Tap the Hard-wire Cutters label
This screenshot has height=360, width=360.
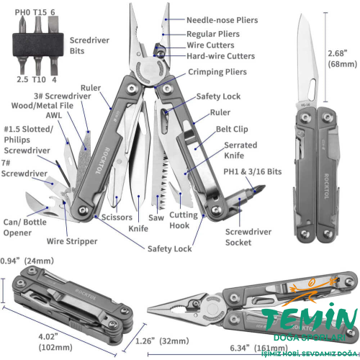point(220,56)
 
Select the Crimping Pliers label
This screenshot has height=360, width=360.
point(217,72)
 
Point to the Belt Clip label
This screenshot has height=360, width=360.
point(233,130)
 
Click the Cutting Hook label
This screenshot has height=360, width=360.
point(184,220)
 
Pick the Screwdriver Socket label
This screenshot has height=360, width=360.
point(248,237)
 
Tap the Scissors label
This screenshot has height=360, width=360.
point(116,216)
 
